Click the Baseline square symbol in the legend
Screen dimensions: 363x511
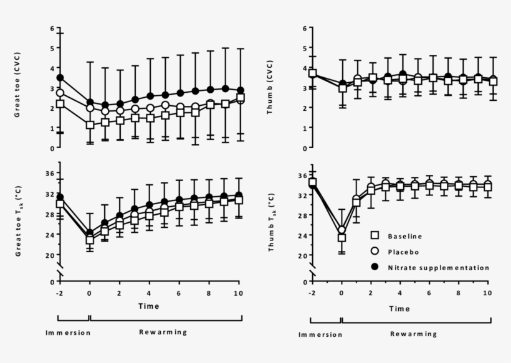click(x=375, y=237)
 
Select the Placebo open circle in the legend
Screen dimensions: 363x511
click(x=375, y=252)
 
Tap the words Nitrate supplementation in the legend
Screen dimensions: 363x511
click(x=438, y=267)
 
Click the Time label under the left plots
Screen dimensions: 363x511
click(x=150, y=306)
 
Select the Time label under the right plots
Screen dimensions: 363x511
click(x=401, y=308)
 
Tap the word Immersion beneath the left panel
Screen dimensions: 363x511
click(x=68, y=332)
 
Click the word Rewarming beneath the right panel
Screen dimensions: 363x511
click(x=414, y=334)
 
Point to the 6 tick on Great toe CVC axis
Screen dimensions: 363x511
click(x=52, y=29)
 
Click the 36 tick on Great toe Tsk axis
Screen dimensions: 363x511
click(x=50, y=173)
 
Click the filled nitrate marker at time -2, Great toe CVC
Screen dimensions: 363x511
click(x=60, y=78)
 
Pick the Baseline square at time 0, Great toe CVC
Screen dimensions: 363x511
click(x=90, y=125)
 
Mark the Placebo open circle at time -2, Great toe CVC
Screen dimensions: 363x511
click(x=60, y=93)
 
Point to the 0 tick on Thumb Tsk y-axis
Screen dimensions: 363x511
click(x=303, y=281)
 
